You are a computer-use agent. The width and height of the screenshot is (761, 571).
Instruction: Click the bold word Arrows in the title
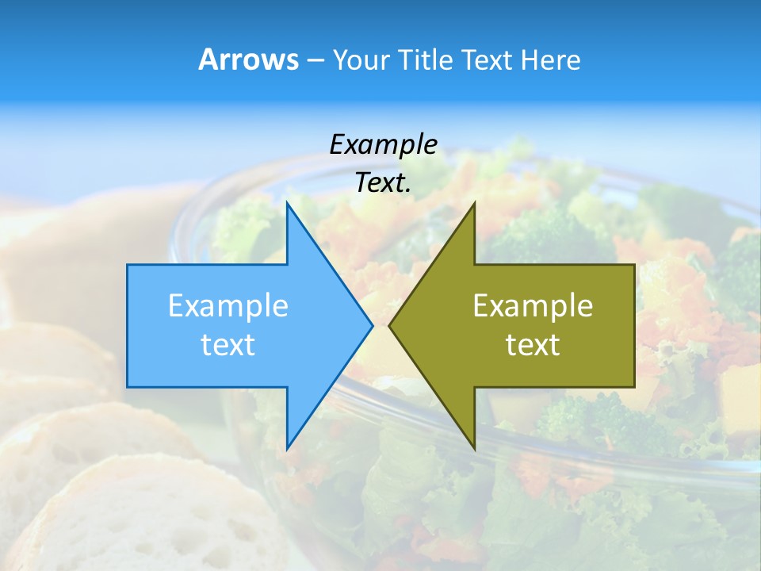248,59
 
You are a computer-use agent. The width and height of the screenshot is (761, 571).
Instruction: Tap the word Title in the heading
429,60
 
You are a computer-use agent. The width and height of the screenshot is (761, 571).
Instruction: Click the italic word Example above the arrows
383,144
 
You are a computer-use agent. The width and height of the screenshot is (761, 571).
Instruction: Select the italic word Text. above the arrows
384,183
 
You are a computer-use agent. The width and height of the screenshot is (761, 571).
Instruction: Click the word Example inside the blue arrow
228,305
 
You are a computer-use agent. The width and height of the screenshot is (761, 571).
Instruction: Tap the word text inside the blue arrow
228,344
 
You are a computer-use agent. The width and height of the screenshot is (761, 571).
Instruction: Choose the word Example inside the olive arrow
533,305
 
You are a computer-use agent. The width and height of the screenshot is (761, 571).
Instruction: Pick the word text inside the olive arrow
533,344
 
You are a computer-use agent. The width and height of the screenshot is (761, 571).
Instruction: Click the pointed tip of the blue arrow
373,325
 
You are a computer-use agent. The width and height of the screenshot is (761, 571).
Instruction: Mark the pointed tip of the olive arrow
389,325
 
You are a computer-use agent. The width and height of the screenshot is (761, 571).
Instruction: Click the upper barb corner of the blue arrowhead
287,202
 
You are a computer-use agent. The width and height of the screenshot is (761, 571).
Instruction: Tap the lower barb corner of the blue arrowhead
287,449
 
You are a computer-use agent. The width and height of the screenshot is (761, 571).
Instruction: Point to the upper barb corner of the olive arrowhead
474,202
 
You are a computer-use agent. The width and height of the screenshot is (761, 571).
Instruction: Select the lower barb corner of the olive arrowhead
474,449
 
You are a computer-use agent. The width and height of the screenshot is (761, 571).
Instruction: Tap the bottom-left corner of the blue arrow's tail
128,387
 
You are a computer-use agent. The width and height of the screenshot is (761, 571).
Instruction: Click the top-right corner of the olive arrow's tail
634,265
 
